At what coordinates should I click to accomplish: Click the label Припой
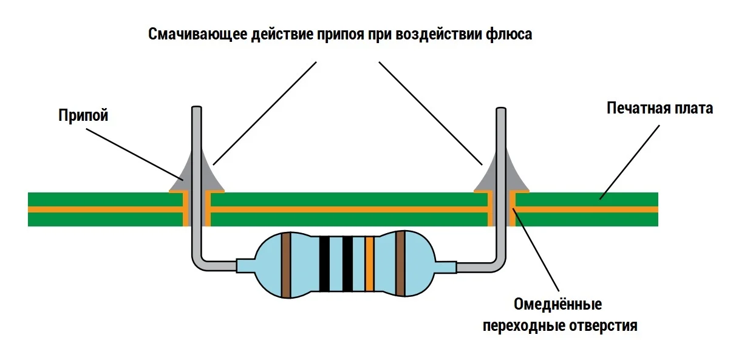click(x=83, y=115)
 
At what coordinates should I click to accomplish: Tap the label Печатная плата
click(x=659, y=109)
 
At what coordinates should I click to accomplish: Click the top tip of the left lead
click(x=197, y=109)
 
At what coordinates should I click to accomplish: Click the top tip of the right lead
click(x=500, y=110)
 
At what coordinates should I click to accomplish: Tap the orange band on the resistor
click(x=369, y=264)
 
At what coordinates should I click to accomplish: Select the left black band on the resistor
click(x=324, y=264)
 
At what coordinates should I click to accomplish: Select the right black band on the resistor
click(x=347, y=264)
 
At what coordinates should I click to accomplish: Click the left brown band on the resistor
click(x=286, y=265)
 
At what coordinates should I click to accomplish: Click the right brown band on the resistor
click(x=400, y=264)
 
